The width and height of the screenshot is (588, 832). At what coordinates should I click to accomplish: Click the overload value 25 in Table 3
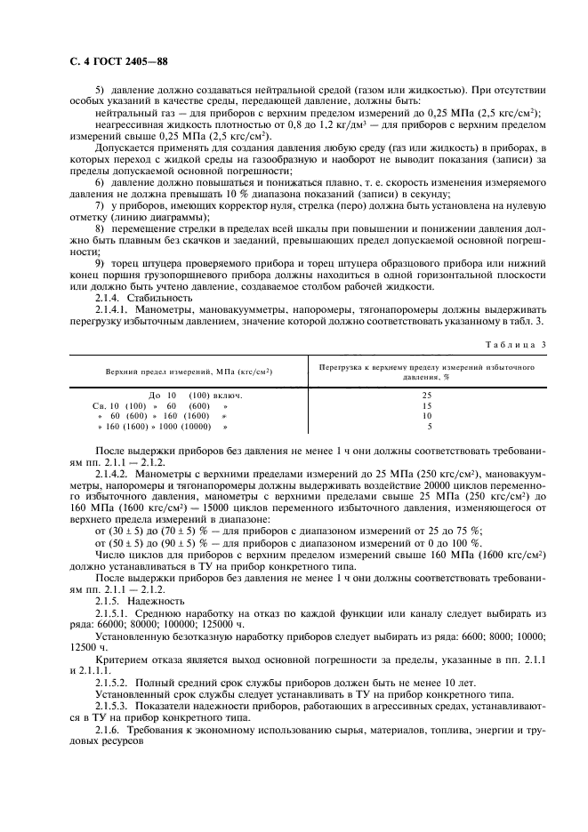(427, 395)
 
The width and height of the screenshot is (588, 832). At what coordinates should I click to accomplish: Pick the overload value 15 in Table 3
(427, 404)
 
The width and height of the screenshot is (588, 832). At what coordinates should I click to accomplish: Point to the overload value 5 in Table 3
(427, 426)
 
